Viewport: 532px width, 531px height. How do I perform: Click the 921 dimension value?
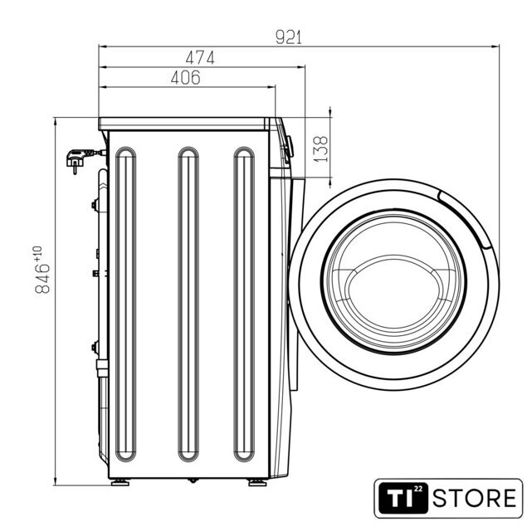coord(288,37)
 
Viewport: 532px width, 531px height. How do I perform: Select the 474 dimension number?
coord(200,57)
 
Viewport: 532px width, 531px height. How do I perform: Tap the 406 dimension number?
coord(186,78)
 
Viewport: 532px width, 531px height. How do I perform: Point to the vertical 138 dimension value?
coord(320,149)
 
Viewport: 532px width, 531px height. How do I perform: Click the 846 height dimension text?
coord(42,279)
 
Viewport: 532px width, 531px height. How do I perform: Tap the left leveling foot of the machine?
coord(120,482)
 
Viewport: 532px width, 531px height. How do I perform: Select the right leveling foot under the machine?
coord(257,482)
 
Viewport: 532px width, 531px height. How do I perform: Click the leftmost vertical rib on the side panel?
coord(126,304)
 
